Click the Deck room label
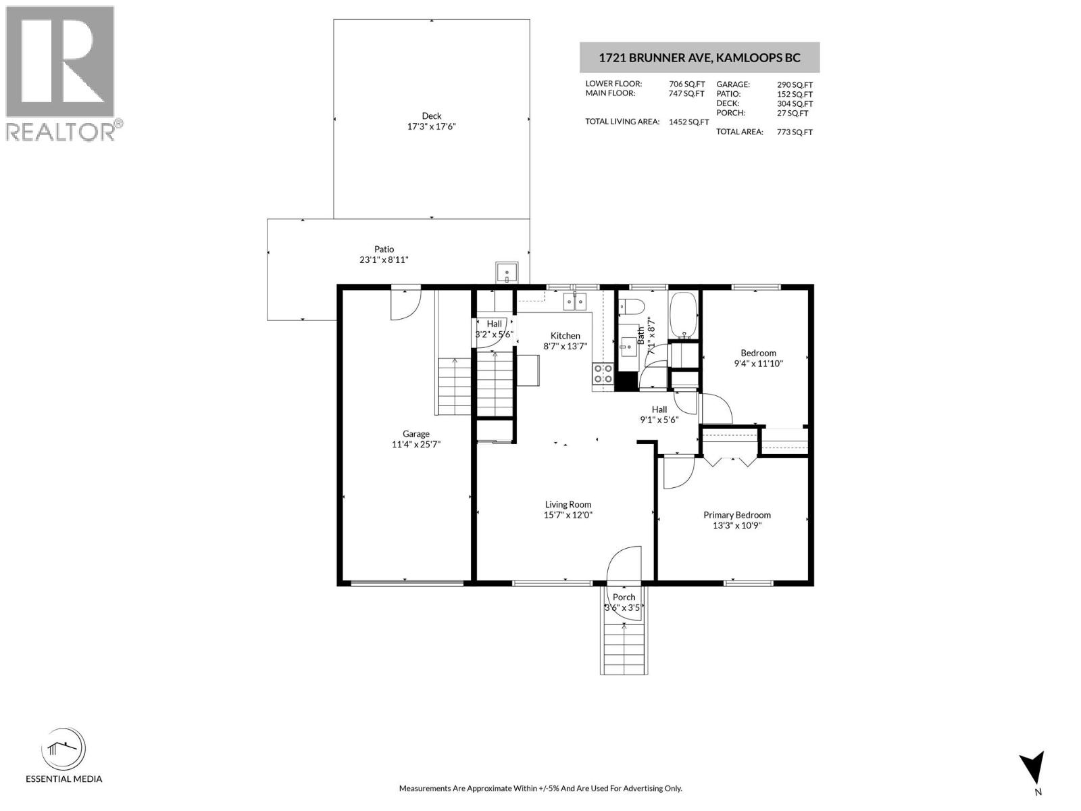[431, 116]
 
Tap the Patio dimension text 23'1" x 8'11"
[384, 260]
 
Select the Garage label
[416, 435]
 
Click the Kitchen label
[565, 336]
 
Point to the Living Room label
[568, 504]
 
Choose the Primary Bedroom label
[736, 515]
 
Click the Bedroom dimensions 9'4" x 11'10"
[758, 364]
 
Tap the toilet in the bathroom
[632, 307]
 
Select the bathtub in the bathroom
[684, 314]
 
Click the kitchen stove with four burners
[603, 374]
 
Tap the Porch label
[624, 597]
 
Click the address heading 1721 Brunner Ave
[699, 57]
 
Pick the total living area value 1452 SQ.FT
[688, 122]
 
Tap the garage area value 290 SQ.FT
[795, 84]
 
